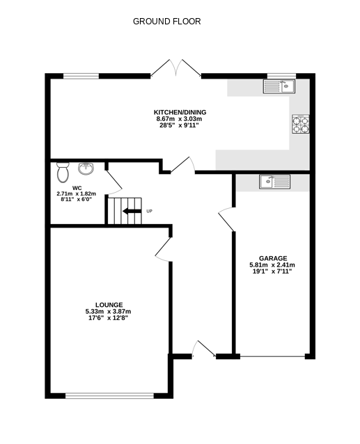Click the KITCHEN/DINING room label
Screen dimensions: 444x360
(180, 112)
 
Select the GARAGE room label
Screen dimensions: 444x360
(272, 257)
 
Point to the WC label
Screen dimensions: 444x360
(77, 187)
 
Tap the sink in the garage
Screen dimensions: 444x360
(275, 182)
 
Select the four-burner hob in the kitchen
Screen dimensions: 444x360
(300, 124)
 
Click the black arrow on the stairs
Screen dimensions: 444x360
(131, 211)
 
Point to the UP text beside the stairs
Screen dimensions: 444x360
(149, 211)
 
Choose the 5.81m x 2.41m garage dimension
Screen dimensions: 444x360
(272, 264)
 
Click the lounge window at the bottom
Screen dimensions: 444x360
(109, 397)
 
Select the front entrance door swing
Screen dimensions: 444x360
(202, 349)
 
